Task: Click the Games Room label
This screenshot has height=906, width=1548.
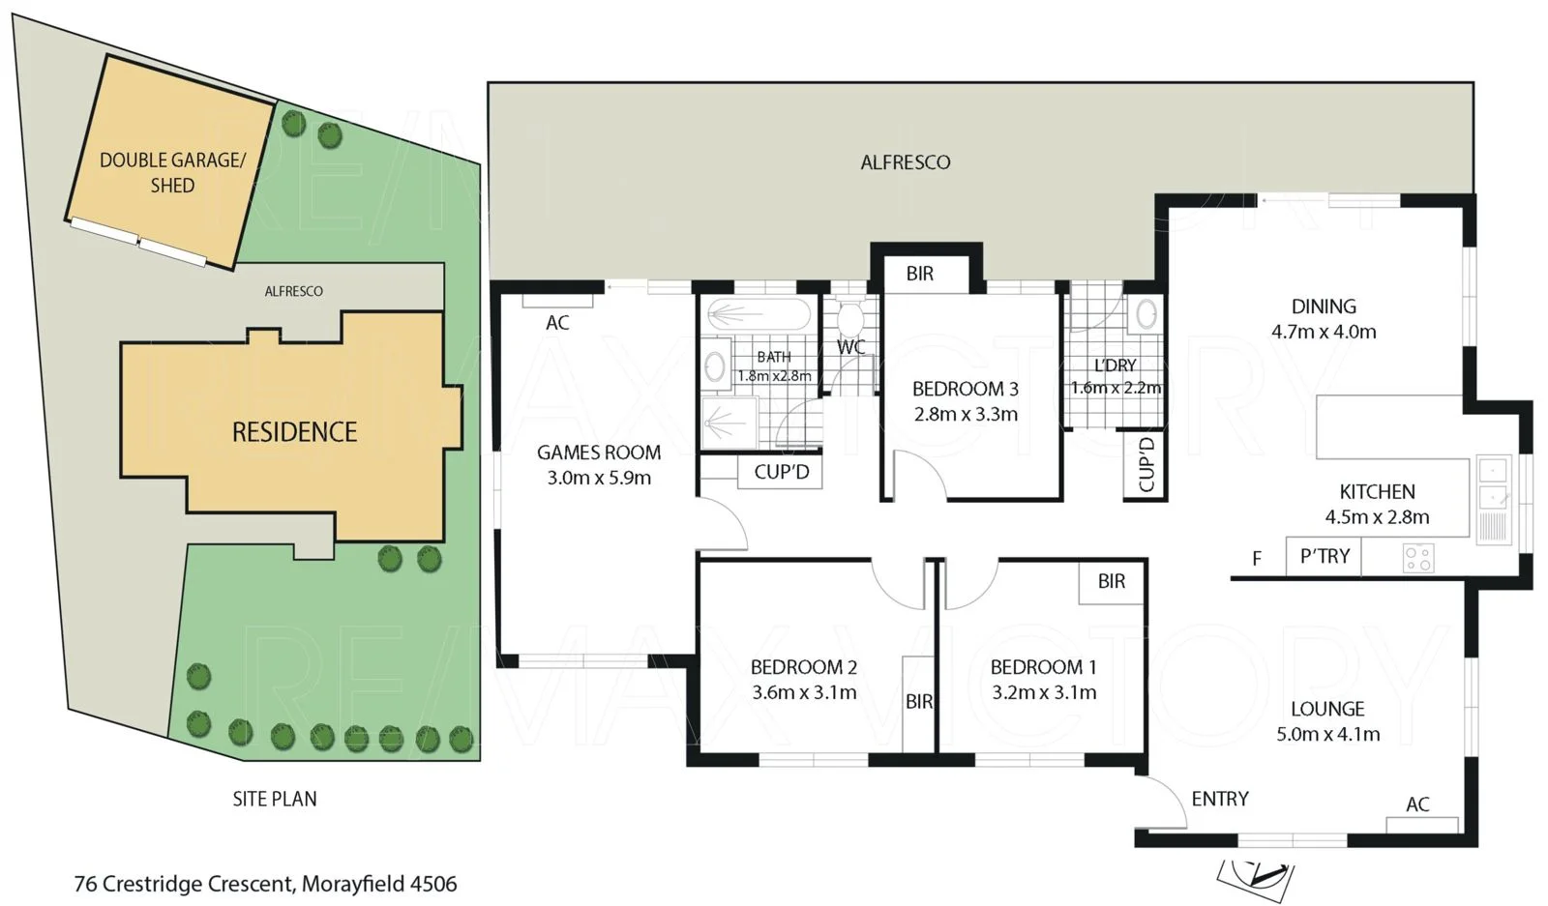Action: pos(599,453)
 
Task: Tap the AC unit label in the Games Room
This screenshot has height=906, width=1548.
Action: pos(557,323)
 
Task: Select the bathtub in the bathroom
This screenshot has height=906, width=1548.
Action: pos(759,314)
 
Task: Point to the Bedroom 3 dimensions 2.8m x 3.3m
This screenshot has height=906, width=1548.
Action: pos(966,415)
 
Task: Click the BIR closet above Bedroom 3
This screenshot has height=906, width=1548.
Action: pos(920,274)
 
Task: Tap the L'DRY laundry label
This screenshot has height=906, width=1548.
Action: pos(1115,365)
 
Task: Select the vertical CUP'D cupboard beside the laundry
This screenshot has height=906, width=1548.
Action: pos(1146,465)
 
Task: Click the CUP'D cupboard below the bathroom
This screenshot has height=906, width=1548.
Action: pos(781,473)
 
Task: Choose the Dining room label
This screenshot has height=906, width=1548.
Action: pos(1324,307)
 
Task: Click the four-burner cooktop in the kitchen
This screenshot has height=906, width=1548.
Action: pos(1418,558)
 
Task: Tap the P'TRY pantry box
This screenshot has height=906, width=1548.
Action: pos(1324,557)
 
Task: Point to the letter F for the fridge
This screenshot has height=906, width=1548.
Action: pos(1257,559)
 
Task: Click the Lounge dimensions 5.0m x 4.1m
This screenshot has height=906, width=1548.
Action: pos(1327,734)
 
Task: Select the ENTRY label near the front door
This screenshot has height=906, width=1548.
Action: pos(1220,799)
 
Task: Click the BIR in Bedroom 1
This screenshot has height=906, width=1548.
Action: pos(1112,581)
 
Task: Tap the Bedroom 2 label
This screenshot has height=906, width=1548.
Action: pos(803,667)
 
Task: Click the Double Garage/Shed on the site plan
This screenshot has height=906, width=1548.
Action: pos(172,172)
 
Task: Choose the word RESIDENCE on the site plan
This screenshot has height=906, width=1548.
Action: pos(294,432)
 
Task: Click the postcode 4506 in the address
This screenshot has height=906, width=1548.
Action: pos(433,884)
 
